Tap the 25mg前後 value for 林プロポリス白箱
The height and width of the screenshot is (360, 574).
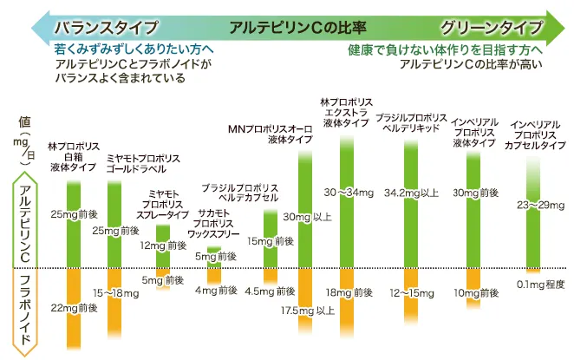75,213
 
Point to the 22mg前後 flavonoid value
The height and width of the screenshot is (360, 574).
75,307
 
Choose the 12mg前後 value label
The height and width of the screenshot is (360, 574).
163,246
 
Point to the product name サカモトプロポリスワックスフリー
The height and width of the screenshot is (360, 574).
213,222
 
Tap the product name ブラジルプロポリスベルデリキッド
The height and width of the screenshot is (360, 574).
411,121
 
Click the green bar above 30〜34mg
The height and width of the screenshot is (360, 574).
346,156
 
